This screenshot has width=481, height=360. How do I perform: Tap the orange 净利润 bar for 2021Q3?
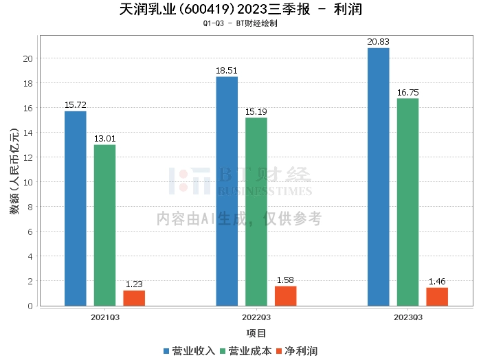pos(134,298)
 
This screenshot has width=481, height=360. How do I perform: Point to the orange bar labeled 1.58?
pos(286,296)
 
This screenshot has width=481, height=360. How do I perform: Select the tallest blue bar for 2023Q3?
pos(378,177)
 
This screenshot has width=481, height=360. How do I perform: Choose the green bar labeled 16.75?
pos(407,202)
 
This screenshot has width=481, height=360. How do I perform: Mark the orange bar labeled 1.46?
pos(437,297)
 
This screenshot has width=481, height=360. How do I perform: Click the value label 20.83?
pos(378,43)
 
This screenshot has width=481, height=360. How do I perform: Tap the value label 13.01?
pos(104,139)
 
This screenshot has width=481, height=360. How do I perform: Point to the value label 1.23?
pos(134,284)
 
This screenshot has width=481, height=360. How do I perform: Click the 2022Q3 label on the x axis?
pos(256,317)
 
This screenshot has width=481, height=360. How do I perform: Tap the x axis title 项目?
pos(256,334)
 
